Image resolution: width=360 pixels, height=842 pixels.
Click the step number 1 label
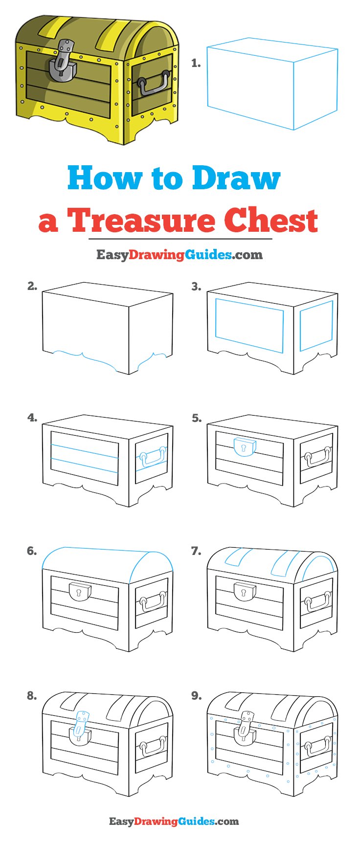coord(196,63)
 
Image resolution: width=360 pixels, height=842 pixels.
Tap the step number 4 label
coord(32,418)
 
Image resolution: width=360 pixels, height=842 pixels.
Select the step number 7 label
coord(196,551)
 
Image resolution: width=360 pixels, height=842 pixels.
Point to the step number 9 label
coord(196,695)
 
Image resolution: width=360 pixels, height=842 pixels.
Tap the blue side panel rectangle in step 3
coord(316,326)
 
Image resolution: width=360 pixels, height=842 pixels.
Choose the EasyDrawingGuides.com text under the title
coord(179,255)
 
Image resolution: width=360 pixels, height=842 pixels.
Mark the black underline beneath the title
coord(180,239)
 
